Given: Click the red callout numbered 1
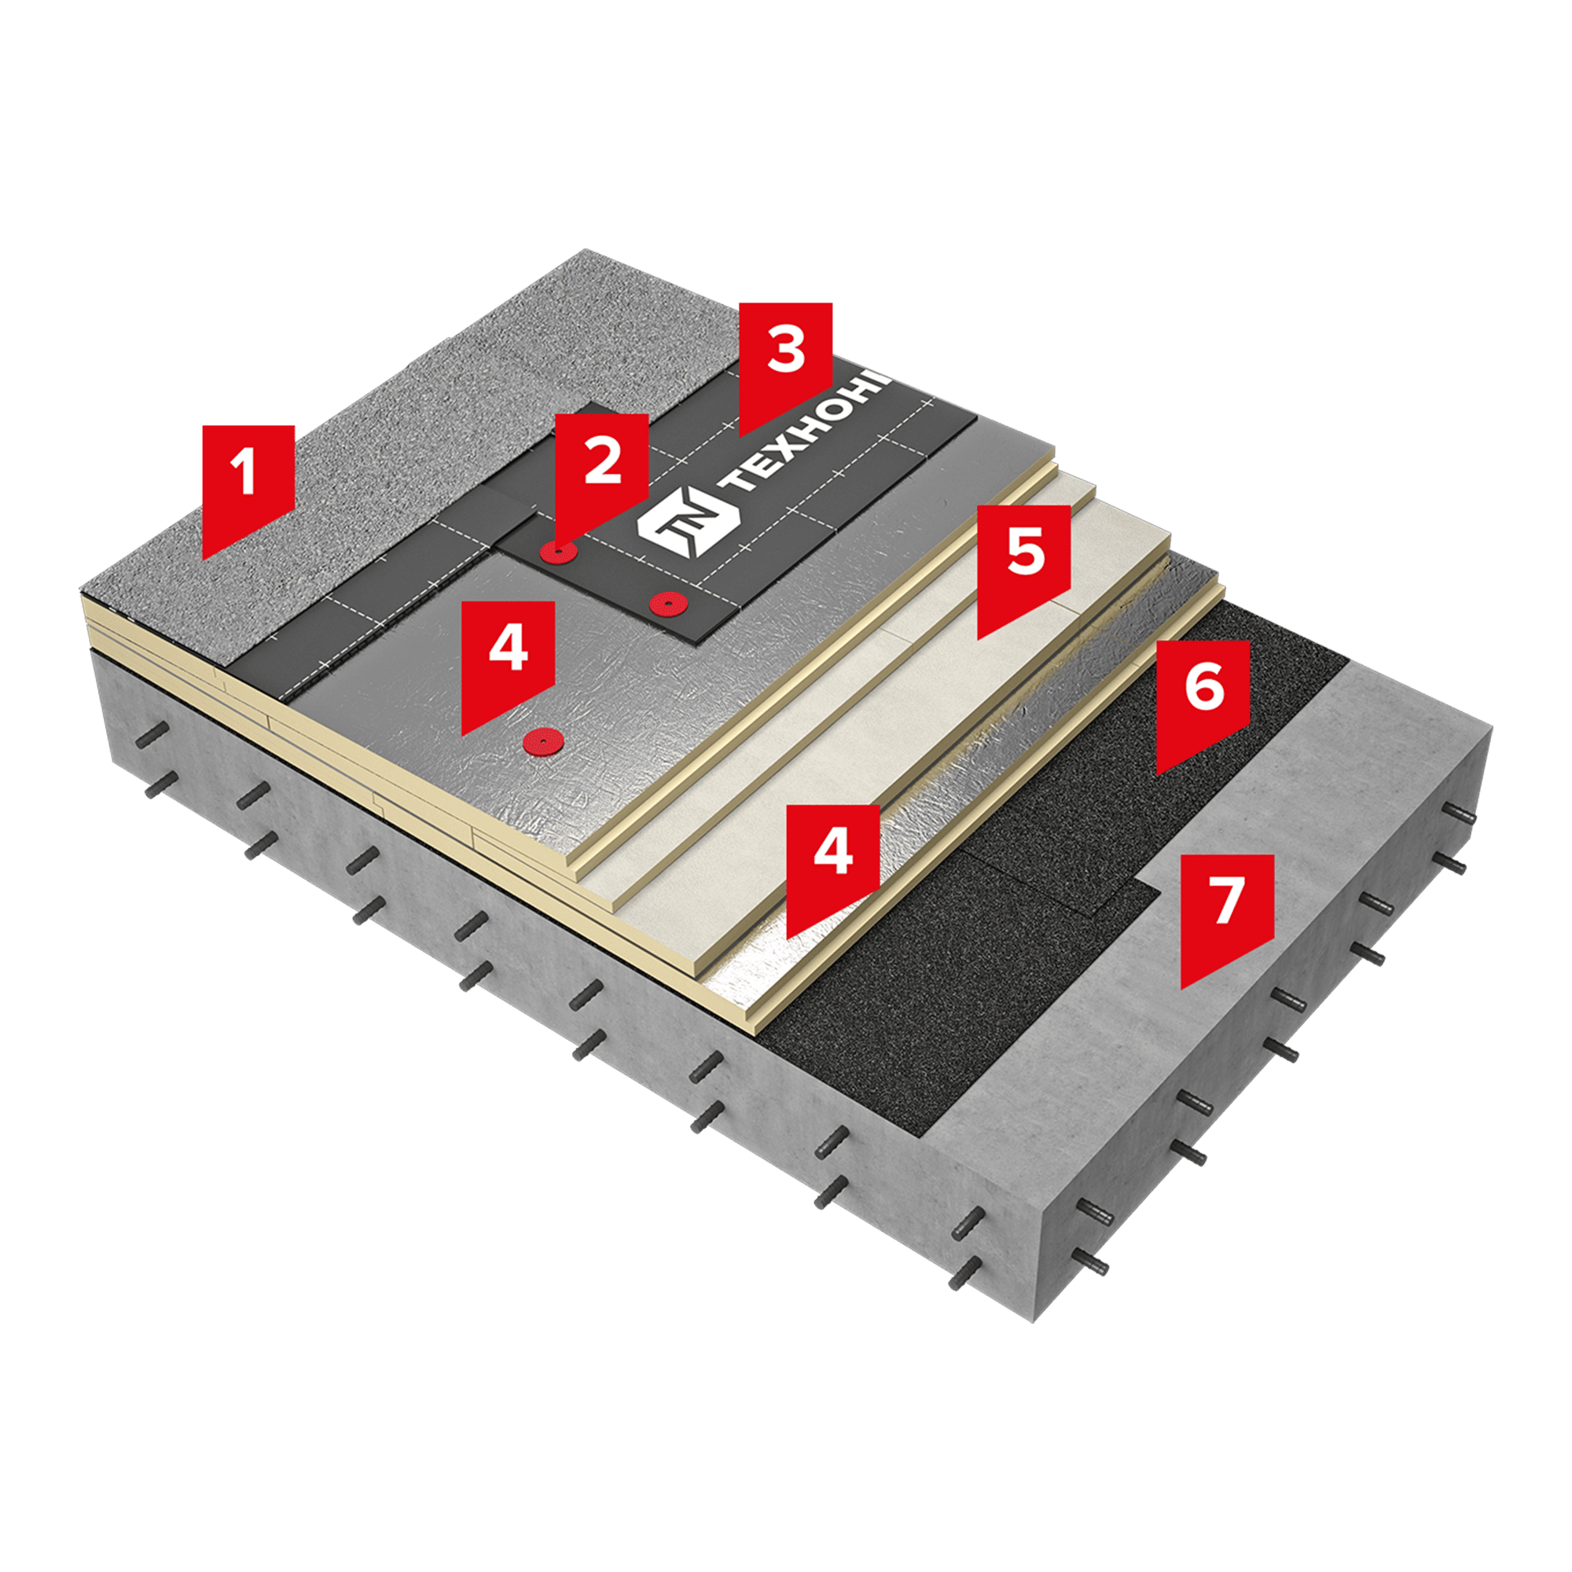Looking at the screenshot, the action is click(x=248, y=484).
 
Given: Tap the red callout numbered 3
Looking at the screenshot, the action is click(x=785, y=362).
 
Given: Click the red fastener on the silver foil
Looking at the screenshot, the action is click(x=540, y=740).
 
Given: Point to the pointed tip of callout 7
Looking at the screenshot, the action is click(x=1182, y=989).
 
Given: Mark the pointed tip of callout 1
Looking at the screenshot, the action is click(x=204, y=559).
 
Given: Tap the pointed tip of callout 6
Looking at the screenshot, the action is click(x=1158, y=773).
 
